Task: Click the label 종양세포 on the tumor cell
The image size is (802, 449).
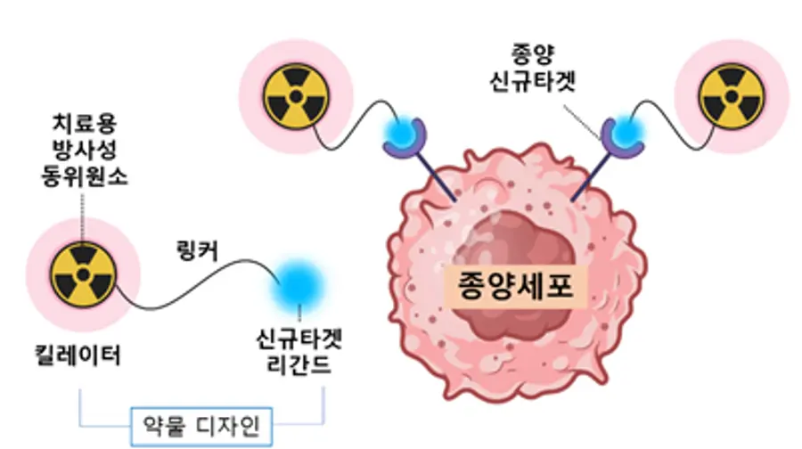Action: point(514,285)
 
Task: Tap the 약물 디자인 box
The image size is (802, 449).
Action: point(201,426)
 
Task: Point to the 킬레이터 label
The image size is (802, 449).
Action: point(78,355)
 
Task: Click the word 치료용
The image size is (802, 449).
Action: point(85,124)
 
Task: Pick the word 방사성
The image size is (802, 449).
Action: point(85,151)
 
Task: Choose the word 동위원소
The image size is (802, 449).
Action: point(85,177)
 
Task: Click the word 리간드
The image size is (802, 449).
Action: point(299,365)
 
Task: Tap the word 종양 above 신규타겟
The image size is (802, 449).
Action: point(533,54)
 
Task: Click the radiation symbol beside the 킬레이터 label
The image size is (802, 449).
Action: point(84,275)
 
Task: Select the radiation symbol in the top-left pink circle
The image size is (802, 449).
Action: point(296,96)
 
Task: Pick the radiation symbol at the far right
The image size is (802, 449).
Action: point(732,96)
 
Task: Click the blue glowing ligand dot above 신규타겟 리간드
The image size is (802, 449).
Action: point(299,284)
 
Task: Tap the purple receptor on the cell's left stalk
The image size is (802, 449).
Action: point(405,137)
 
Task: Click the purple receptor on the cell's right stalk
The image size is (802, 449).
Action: point(622,137)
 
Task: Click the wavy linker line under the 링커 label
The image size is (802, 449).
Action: point(198,284)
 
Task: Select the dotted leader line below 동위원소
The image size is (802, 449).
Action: point(82,215)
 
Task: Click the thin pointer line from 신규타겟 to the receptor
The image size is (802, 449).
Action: point(582,123)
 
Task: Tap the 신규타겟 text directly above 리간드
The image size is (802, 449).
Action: point(299,339)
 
